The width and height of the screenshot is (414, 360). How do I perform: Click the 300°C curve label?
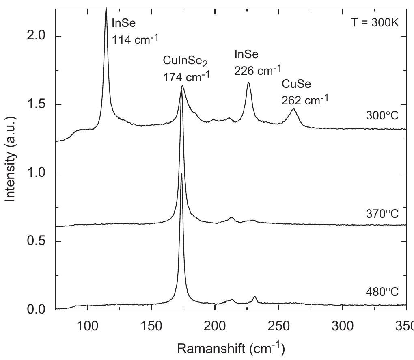382,116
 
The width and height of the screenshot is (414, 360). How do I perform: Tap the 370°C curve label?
382,213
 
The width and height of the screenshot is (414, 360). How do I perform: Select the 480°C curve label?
382,292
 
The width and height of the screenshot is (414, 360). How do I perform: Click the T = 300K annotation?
375,23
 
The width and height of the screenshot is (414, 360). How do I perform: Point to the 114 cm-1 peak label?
135,39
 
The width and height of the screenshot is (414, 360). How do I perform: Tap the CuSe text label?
296,84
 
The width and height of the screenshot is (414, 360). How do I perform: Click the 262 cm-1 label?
305,100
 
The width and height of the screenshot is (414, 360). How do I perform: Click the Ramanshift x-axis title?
231,348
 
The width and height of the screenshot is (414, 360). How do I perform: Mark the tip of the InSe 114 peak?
106,8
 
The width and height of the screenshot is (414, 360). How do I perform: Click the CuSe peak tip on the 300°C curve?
293,109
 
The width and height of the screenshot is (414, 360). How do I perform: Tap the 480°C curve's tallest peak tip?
181,173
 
